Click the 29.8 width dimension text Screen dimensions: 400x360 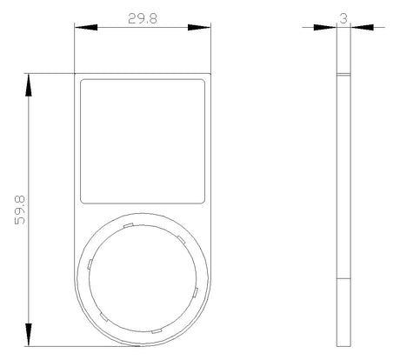click(143, 19)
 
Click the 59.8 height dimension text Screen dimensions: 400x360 click(20, 210)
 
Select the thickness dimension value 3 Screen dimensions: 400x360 click(343, 18)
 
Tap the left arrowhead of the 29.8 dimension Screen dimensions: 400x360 click(86, 27)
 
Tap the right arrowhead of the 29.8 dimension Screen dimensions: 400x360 click(199, 27)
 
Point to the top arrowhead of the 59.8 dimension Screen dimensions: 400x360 click(29, 85)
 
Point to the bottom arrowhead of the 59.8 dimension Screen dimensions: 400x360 click(29, 335)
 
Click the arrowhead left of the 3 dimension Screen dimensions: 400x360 click(325, 27)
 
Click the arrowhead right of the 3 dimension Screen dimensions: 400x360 click(362, 27)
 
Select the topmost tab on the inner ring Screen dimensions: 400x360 click(128, 225)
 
